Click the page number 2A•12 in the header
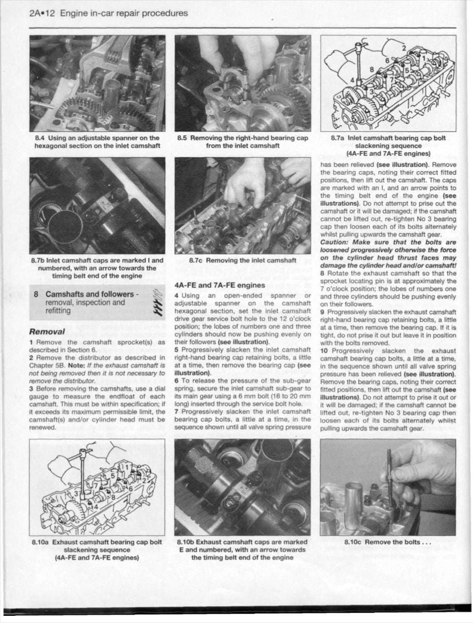click(x=43, y=13)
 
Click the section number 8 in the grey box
click(x=36, y=294)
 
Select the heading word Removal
click(x=47, y=331)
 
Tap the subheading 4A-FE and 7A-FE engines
click(x=220, y=285)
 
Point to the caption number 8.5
click(x=183, y=138)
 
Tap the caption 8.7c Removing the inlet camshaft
click(x=243, y=260)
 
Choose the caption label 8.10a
click(x=41, y=542)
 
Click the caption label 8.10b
click(x=185, y=542)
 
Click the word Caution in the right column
click(x=335, y=242)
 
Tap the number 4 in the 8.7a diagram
click(x=352, y=80)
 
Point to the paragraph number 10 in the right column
click(x=324, y=351)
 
